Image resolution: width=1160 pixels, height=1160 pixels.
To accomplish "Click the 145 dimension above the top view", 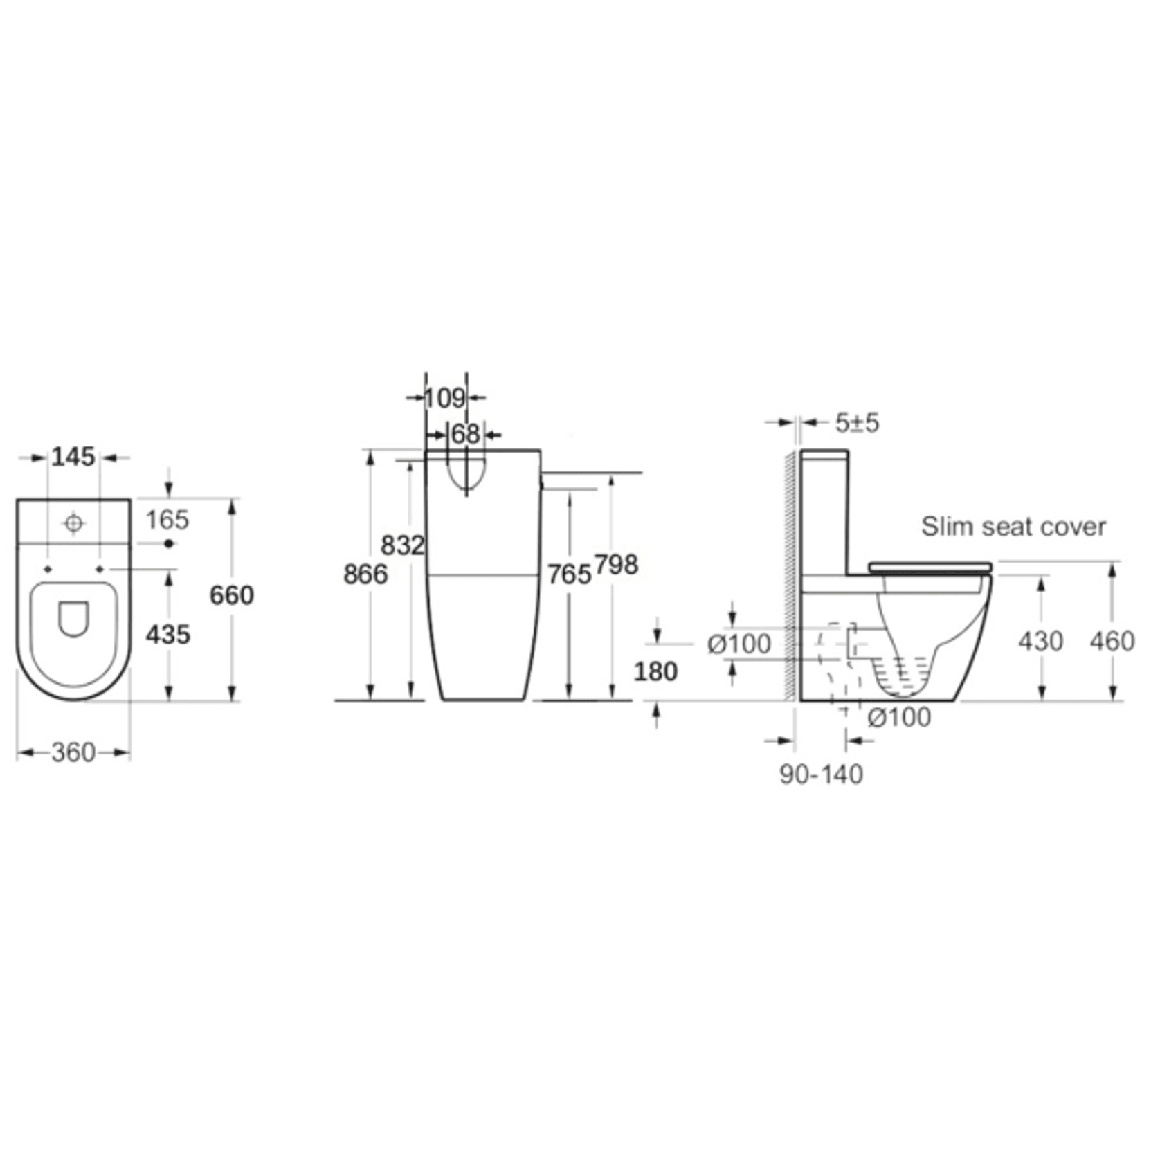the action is [x=73, y=457].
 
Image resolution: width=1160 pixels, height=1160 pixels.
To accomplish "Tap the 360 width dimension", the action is [x=73, y=752].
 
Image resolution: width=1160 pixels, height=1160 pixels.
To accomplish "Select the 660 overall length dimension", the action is [x=232, y=595].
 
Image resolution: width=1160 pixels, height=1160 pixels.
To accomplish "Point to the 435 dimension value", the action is [x=168, y=635].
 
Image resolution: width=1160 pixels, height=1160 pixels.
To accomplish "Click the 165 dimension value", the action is [x=167, y=520].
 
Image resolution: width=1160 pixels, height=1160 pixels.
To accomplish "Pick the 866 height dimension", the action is [x=365, y=574].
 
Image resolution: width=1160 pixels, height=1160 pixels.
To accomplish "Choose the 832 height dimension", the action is [x=403, y=545].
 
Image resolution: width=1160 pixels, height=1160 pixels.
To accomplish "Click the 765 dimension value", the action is [x=570, y=574].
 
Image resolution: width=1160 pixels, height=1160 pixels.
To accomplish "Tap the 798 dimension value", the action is [x=616, y=565].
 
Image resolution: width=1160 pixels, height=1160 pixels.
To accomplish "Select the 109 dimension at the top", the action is [x=444, y=398].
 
